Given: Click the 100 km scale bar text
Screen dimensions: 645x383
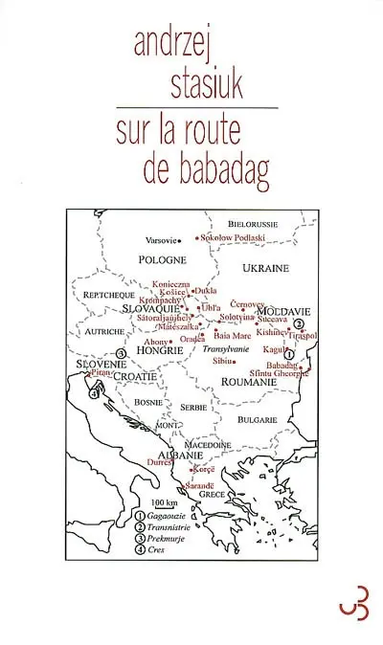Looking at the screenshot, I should [x=165, y=503].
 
